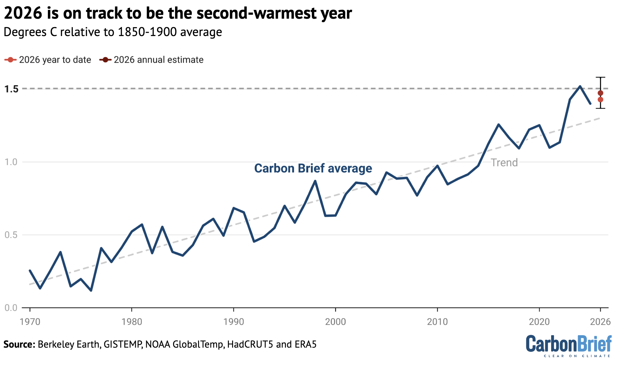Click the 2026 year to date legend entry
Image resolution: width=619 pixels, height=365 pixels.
point(48,60)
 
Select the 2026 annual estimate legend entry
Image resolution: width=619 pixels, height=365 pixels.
point(151,60)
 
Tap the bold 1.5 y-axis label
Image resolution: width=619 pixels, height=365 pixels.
point(11,89)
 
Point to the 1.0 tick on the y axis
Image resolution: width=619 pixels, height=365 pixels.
point(11,162)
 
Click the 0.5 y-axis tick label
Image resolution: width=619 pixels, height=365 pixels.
point(11,235)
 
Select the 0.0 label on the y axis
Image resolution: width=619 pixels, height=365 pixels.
point(11,308)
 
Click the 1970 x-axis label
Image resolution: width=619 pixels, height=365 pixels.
point(30,322)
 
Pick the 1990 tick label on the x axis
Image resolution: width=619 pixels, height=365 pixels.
point(233,322)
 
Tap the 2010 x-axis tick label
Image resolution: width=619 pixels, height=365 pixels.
point(437,322)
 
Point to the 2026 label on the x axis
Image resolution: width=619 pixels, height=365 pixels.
point(600,322)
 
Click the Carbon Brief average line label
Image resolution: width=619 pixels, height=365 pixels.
point(313,168)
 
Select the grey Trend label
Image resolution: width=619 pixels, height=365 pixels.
point(504,163)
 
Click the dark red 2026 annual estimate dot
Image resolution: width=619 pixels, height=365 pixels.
point(600,93)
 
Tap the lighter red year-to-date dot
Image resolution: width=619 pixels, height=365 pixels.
point(600,100)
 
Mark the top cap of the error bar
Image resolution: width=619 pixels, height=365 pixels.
point(600,77)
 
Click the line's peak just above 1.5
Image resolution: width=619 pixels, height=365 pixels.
point(580,86)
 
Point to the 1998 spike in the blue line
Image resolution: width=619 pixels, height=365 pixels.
point(315,181)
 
